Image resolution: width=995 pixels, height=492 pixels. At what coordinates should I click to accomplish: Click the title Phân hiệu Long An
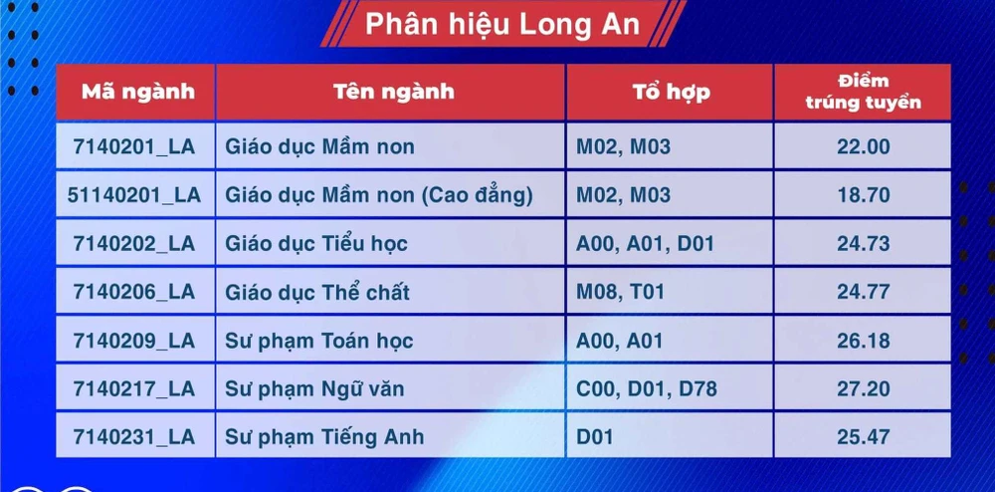click(501, 24)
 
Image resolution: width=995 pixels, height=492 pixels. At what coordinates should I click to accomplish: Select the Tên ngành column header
click(393, 93)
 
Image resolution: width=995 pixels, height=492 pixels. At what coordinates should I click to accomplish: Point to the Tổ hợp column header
click(671, 93)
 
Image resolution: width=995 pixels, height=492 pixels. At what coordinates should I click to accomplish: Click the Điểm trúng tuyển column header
click(863, 92)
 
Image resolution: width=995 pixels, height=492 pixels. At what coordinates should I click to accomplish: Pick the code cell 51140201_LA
click(134, 195)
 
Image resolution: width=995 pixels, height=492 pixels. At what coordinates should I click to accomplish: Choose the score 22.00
click(863, 147)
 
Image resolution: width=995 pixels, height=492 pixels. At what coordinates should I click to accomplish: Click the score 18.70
click(863, 195)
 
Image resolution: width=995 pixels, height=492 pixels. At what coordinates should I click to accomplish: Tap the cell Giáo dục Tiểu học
click(316, 244)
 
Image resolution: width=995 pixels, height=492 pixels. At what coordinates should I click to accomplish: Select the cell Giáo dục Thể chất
click(317, 293)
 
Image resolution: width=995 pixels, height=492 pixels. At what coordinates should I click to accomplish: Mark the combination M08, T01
click(620, 293)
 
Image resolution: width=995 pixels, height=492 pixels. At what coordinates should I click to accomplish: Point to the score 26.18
click(863, 341)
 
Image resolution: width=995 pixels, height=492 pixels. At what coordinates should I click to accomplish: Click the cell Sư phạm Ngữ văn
click(314, 388)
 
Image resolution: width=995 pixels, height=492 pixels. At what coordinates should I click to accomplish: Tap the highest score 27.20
click(863, 388)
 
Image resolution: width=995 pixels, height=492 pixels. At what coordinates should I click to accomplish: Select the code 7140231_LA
click(134, 437)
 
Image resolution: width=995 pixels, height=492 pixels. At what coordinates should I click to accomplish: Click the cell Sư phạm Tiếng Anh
click(324, 437)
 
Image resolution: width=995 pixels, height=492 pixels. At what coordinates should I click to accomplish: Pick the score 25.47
click(863, 437)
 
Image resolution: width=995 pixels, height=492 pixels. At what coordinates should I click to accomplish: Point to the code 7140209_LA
click(134, 341)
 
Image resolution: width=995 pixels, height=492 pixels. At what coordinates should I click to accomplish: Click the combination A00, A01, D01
click(646, 244)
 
